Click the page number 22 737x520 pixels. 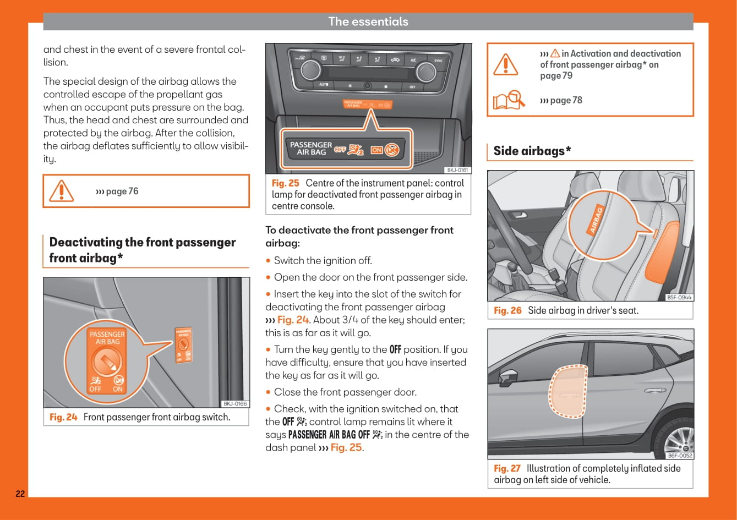pyautogui.click(x=20, y=494)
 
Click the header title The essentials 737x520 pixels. pyautogui.click(x=368, y=21)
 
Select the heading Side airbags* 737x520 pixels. pyautogui.click(x=532, y=151)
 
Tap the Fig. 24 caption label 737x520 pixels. pyautogui.click(x=63, y=417)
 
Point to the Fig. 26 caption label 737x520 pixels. pyautogui.click(x=507, y=310)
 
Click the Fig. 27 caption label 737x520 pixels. pyautogui.click(x=507, y=468)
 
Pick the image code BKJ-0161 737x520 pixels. pyautogui.click(x=457, y=171)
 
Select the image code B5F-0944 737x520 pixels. pyautogui.click(x=679, y=298)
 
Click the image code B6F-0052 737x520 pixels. pyautogui.click(x=680, y=456)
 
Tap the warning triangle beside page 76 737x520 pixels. pyautogui.click(x=61, y=191)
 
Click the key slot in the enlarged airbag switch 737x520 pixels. pyautogui.click(x=106, y=362)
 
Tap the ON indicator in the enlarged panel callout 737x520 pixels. pyautogui.click(x=376, y=149)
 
